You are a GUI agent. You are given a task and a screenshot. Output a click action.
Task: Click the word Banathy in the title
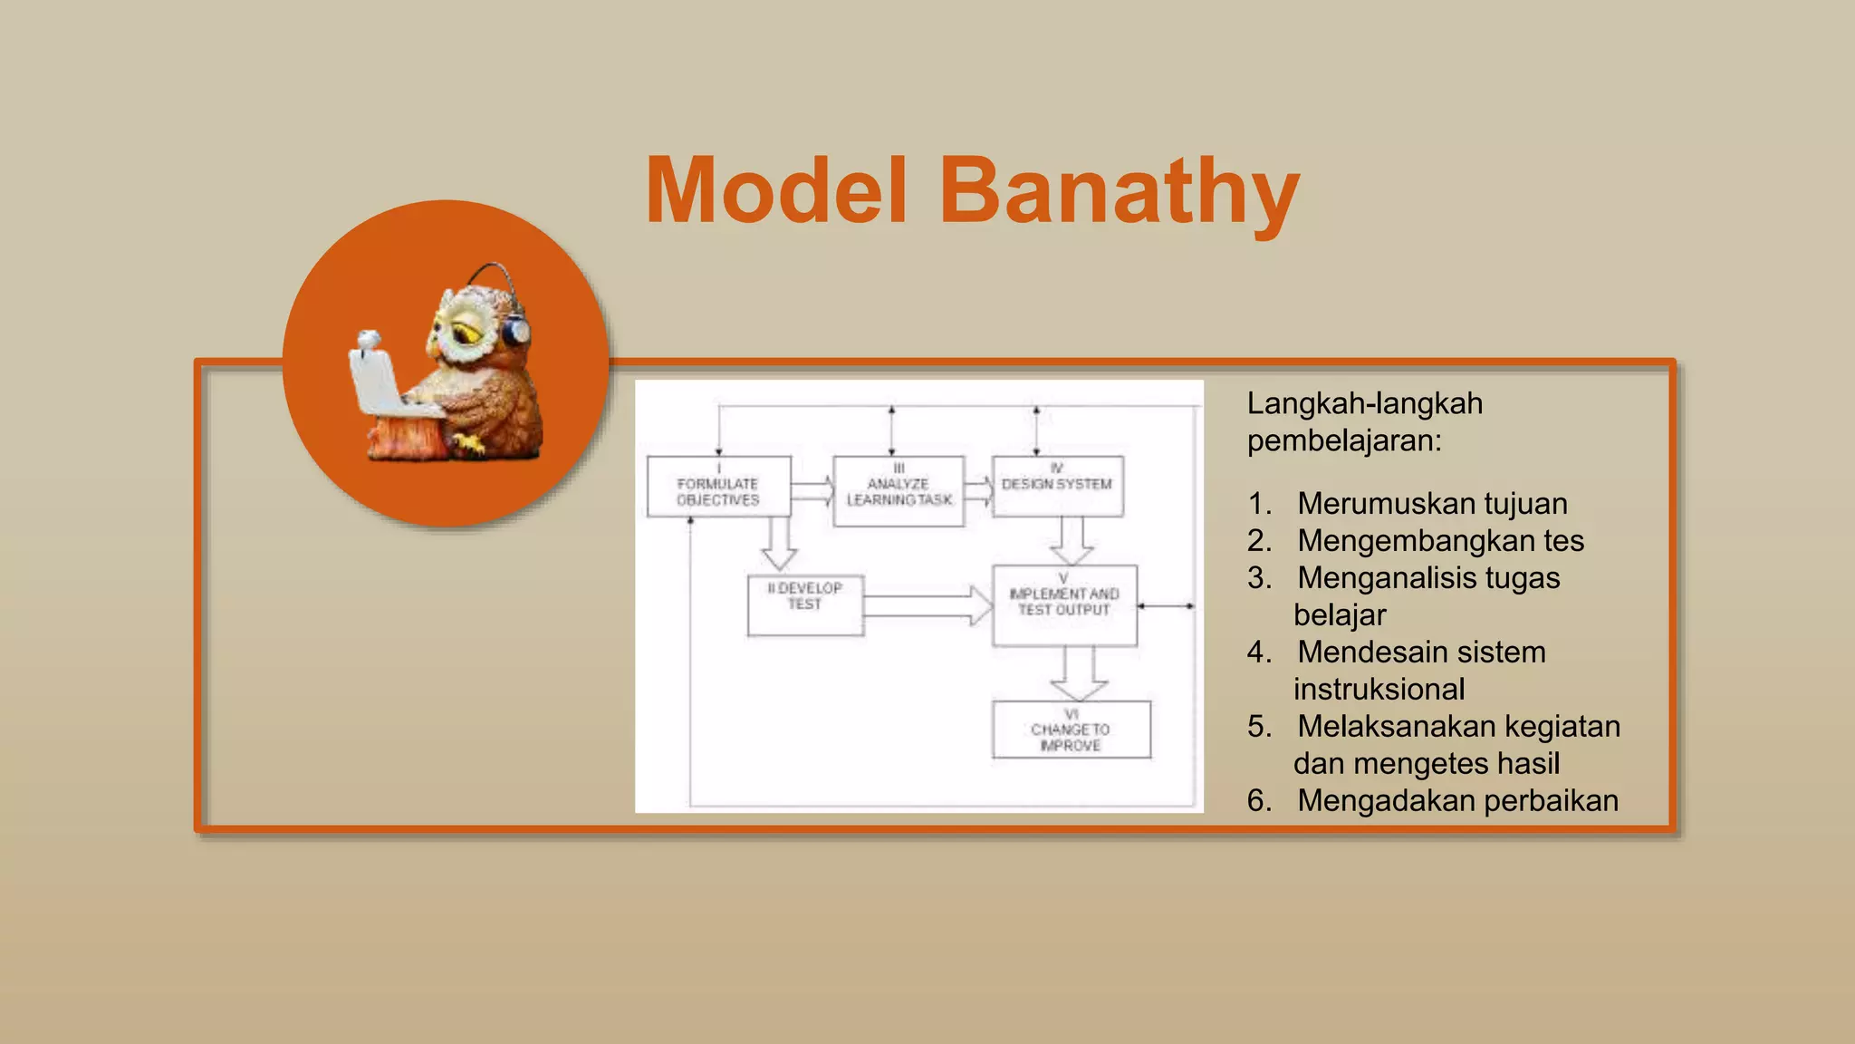pyautogui.click(x=1119, y=192)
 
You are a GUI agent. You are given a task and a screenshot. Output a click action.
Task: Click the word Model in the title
pyautogui.click(x=776, y=192)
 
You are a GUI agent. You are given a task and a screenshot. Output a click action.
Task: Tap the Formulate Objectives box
pyautogui.click(x=718, y=488)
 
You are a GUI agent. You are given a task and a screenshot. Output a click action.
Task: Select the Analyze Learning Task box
pyautogui.click(x=899, y=490)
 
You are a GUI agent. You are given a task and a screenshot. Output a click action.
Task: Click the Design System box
pyautogui.click(x=1057, y=487)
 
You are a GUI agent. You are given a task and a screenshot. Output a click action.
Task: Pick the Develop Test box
pyautogui.click(x=805, y=605)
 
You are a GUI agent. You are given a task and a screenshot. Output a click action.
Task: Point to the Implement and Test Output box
pyautogui.click(x=1064, y=605)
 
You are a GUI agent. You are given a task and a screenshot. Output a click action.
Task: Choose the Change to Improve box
pyautogui.click(x=1071, y=730)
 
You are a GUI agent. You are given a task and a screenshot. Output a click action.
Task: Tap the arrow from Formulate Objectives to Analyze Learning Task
pyautogui.click(x=812, y=491)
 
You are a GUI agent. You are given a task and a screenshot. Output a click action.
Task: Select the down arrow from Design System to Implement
pyautogui.click(x=1072, y=541)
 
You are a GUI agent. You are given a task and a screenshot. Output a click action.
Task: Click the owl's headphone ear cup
pyautogui.click(x=516, y=331)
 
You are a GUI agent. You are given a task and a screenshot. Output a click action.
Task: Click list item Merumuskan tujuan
pyautogui.click(x=1431, y=503)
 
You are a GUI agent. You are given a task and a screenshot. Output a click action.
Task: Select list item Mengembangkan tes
pyautogui.click(x=1440, y=540)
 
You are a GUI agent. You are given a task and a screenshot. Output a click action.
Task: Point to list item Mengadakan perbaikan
pyautogui.click(x=1456, y=800)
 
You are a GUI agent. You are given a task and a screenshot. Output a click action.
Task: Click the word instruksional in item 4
pyautogui.click(x=1379, y=689)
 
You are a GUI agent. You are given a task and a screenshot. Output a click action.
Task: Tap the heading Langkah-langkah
pyautogui.click(x=1364, y=403)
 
